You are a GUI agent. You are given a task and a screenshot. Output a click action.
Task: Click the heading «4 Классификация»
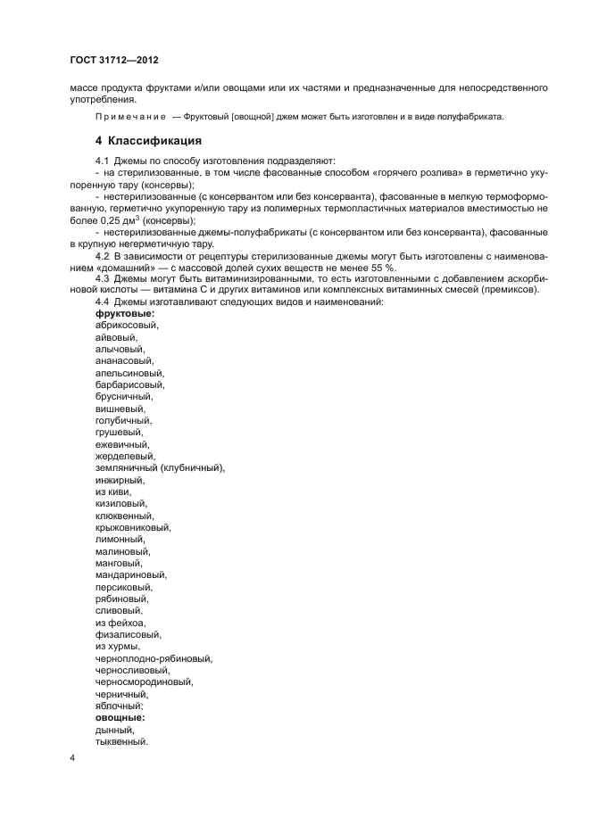[x=148, y=141]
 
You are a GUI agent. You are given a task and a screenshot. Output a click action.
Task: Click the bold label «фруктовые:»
[x=125, y=315]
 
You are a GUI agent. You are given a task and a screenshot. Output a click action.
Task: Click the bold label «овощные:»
[x=120, y=717]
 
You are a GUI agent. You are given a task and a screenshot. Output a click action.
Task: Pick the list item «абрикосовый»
[x=126, y=326]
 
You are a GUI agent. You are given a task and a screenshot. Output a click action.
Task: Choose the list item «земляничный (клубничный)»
[x=160, y=468]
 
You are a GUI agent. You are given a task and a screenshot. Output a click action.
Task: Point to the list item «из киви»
[x=113, y=491]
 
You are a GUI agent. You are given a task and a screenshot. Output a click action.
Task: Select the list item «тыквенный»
[x=121, y=741]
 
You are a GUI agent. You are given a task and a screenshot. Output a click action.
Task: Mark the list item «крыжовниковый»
[x=133, y=527]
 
